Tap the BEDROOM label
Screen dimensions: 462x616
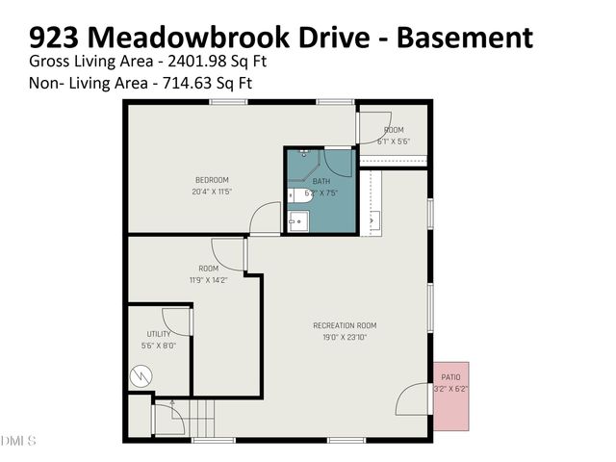[x=212, y=180]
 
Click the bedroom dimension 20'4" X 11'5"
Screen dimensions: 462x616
[x=212, y=192]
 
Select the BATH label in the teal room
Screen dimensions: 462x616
[x=321, y=182]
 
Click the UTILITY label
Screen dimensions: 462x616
[x=159, y=334]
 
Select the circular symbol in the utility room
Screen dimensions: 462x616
[x=142, y=372]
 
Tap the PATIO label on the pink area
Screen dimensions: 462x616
[x=450, y=377]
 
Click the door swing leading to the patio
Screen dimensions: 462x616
[x=415, y=399]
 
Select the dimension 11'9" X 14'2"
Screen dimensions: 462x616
[x=208, y=280]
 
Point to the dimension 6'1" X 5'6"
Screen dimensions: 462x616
[x=393, y=141]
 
